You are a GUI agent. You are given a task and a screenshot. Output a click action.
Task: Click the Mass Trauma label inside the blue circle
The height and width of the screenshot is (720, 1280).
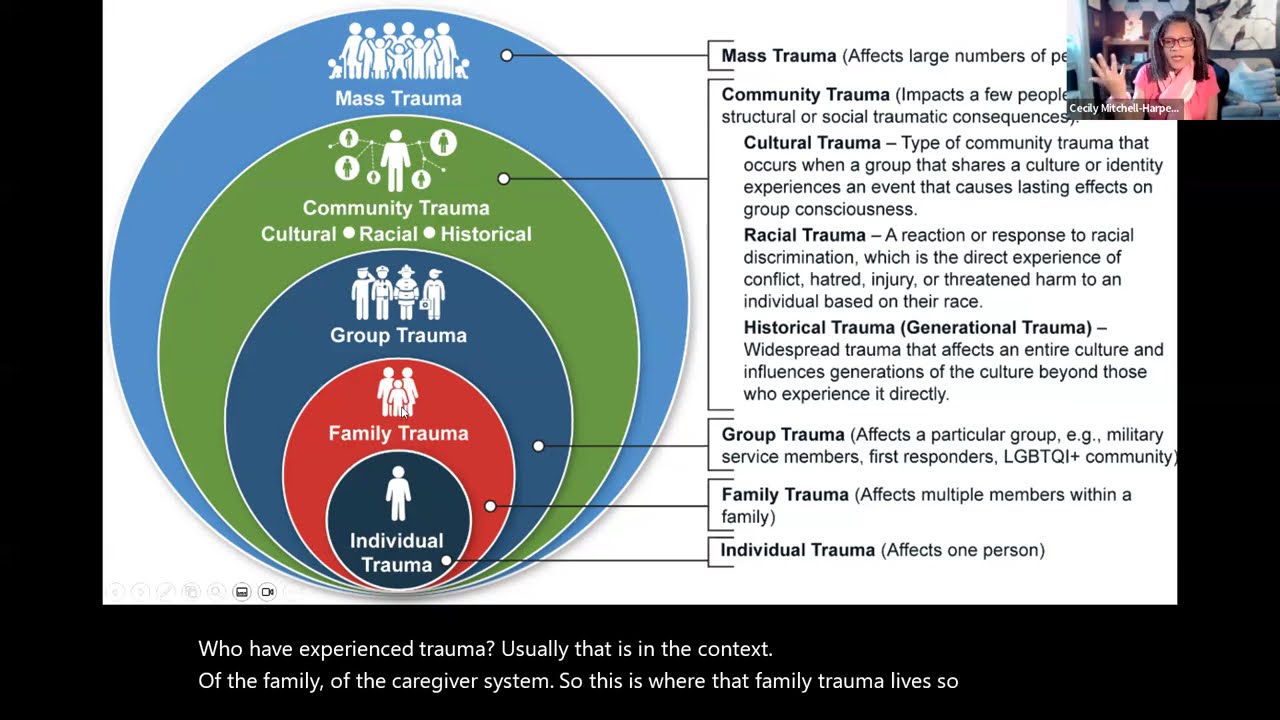click(398, 98)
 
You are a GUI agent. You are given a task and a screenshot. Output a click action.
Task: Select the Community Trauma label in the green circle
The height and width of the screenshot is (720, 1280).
click(396, 208)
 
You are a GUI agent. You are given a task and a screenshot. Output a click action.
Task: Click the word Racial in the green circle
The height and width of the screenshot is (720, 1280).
click(388, 234)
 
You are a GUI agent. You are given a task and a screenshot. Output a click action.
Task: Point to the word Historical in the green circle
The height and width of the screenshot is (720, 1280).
click(486, 234)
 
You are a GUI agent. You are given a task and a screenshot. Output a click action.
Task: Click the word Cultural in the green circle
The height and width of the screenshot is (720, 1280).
click(298, 234)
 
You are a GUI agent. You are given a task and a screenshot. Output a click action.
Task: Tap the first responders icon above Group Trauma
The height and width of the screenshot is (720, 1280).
click(398, 292)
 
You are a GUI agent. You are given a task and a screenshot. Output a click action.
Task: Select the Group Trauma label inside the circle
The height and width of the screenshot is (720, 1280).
click(398, 335)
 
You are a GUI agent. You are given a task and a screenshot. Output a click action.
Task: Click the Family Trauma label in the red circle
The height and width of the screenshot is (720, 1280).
click(398, 433)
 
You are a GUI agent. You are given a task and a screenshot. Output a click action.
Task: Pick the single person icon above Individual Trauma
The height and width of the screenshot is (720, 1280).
click(398, 494)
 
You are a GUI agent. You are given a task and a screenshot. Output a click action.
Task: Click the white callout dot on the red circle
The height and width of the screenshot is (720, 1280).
click(490, 506)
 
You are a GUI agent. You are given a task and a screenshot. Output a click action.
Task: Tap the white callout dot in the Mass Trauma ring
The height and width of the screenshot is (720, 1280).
click(507, 55)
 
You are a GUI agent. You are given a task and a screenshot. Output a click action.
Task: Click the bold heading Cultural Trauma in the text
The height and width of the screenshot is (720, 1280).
click(812, 143)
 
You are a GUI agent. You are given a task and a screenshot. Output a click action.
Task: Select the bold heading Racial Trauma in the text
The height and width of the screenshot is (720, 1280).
click(804, 235)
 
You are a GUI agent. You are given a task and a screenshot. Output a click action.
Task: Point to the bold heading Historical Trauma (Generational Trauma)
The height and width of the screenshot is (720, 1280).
click(917, 327)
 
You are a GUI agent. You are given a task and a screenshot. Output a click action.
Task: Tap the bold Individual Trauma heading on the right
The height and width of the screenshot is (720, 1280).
click(797, 550)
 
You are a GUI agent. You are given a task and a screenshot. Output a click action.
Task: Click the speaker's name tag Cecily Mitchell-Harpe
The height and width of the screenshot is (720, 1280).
click(1123, 108)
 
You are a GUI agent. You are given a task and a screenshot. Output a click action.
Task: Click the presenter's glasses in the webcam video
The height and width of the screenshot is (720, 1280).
click(1177, 42)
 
